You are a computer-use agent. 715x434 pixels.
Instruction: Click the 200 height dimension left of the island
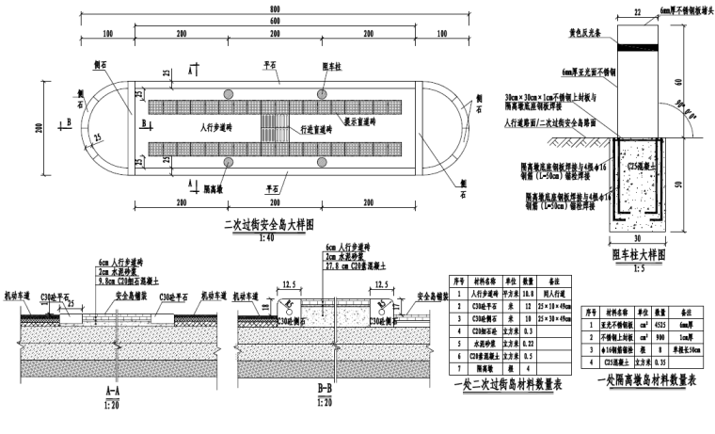(x=40, y=127)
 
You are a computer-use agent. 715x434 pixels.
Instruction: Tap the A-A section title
(x=112, y=387)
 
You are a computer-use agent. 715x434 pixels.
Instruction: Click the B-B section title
(x=325, y=387)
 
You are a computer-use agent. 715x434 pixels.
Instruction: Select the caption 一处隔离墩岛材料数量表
(x=644, y=379)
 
